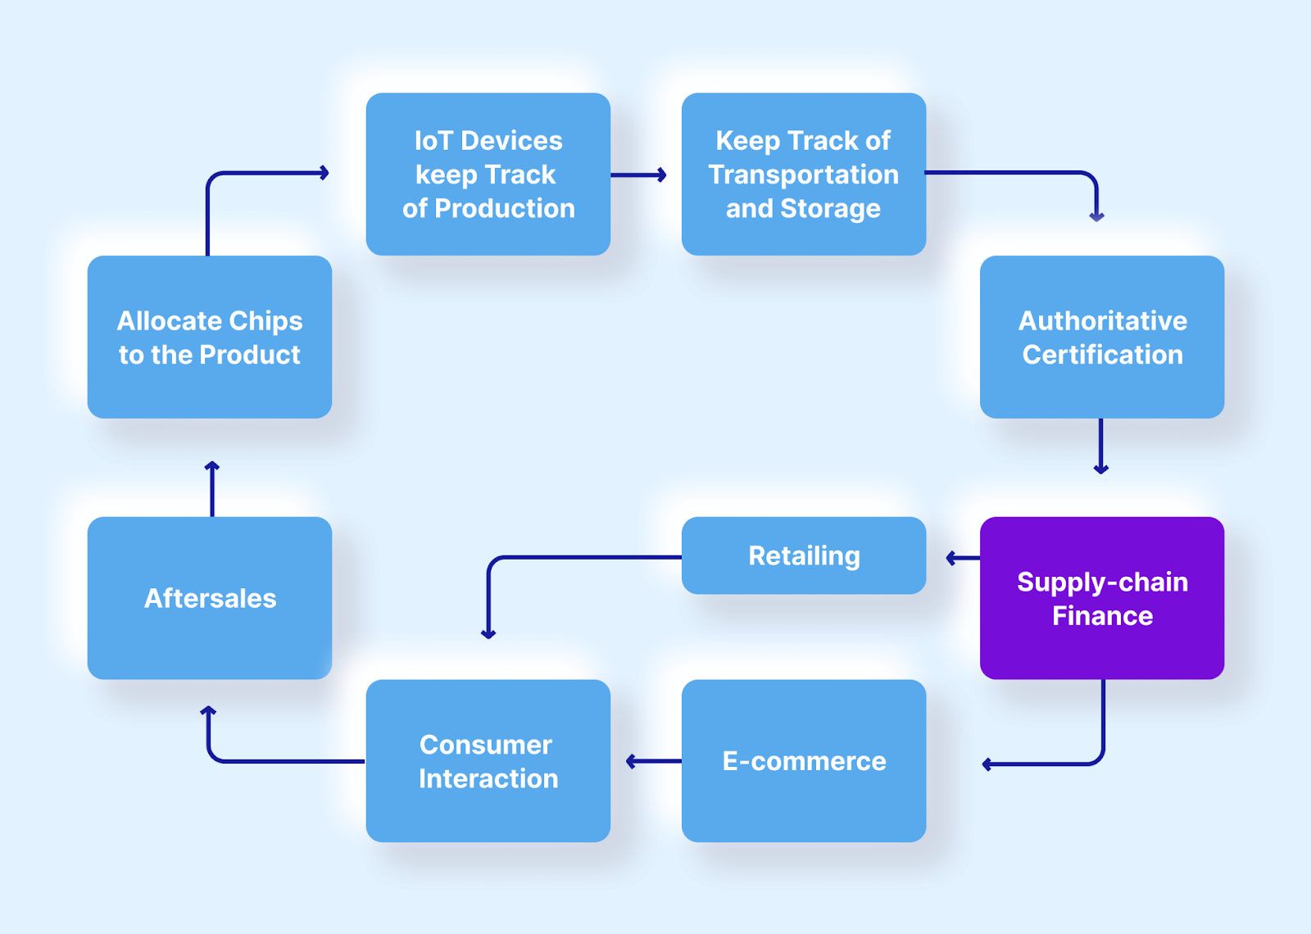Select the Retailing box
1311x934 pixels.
[804, 555]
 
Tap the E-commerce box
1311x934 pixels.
[804, 760]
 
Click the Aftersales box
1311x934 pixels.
[210, 597]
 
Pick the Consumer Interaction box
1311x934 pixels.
[488, 760]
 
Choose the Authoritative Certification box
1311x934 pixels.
[1102, 337]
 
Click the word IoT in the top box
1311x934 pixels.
[433, 141]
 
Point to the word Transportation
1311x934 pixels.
[804, 175]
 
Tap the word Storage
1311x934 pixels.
[830, 208]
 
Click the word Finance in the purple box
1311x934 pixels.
[1102, 616]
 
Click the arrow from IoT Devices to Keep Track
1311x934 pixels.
[638, 175]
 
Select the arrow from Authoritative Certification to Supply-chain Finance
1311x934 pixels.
[1100, 446]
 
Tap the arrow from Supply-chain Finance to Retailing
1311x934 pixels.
[962, 558]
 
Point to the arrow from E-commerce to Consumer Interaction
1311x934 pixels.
[653, 761]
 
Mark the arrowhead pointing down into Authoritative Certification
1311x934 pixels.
[1096, 215]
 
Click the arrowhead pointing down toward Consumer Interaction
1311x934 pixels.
[488, 632]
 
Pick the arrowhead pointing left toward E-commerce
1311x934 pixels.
[988, 764]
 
